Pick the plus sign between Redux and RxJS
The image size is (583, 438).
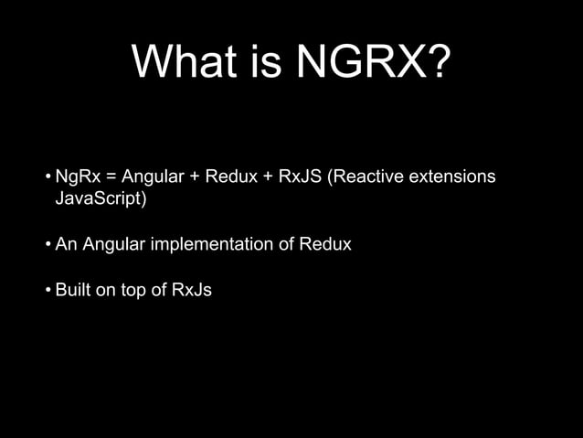(267, 176)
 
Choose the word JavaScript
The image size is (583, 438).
(100, 198)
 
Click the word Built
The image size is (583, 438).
(72, 291)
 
